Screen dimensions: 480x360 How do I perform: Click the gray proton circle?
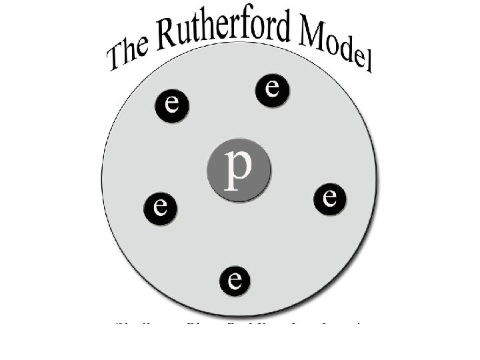point(238,167)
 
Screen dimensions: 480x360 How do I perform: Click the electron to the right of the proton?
point(330,198)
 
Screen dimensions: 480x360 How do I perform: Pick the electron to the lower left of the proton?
point(160,207)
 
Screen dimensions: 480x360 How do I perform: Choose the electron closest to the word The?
point(172,105)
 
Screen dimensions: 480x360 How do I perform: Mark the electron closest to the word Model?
point(272,89)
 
